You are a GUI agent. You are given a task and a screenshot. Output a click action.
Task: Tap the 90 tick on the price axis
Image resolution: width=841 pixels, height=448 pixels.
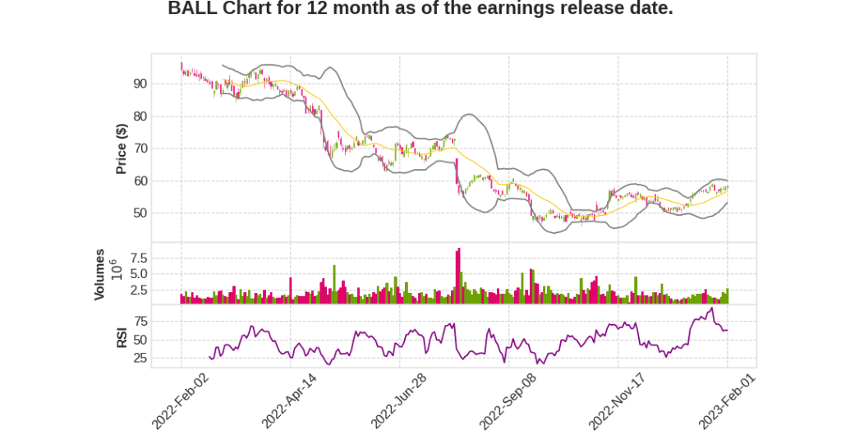140,84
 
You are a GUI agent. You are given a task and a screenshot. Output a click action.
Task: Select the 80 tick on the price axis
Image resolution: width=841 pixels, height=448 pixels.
140,117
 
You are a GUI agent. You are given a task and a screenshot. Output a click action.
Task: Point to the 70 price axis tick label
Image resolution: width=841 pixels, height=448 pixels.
140,149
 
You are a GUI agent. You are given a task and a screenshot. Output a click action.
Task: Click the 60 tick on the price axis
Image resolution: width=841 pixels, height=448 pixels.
140,181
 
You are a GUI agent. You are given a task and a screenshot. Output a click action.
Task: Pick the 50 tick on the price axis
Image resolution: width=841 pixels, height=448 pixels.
140,213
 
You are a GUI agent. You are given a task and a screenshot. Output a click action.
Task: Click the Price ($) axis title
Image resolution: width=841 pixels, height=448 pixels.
121,149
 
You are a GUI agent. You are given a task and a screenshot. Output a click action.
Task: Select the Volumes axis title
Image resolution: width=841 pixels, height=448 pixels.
99,274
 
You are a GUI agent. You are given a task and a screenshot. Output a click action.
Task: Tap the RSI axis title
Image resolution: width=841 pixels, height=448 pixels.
121,337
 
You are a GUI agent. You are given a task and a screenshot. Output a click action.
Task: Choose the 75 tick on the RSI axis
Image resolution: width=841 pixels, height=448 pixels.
140,321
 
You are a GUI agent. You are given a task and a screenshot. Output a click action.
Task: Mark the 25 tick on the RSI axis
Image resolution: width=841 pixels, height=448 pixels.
140,358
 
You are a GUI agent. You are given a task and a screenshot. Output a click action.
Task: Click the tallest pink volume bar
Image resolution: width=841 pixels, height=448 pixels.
459,276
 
